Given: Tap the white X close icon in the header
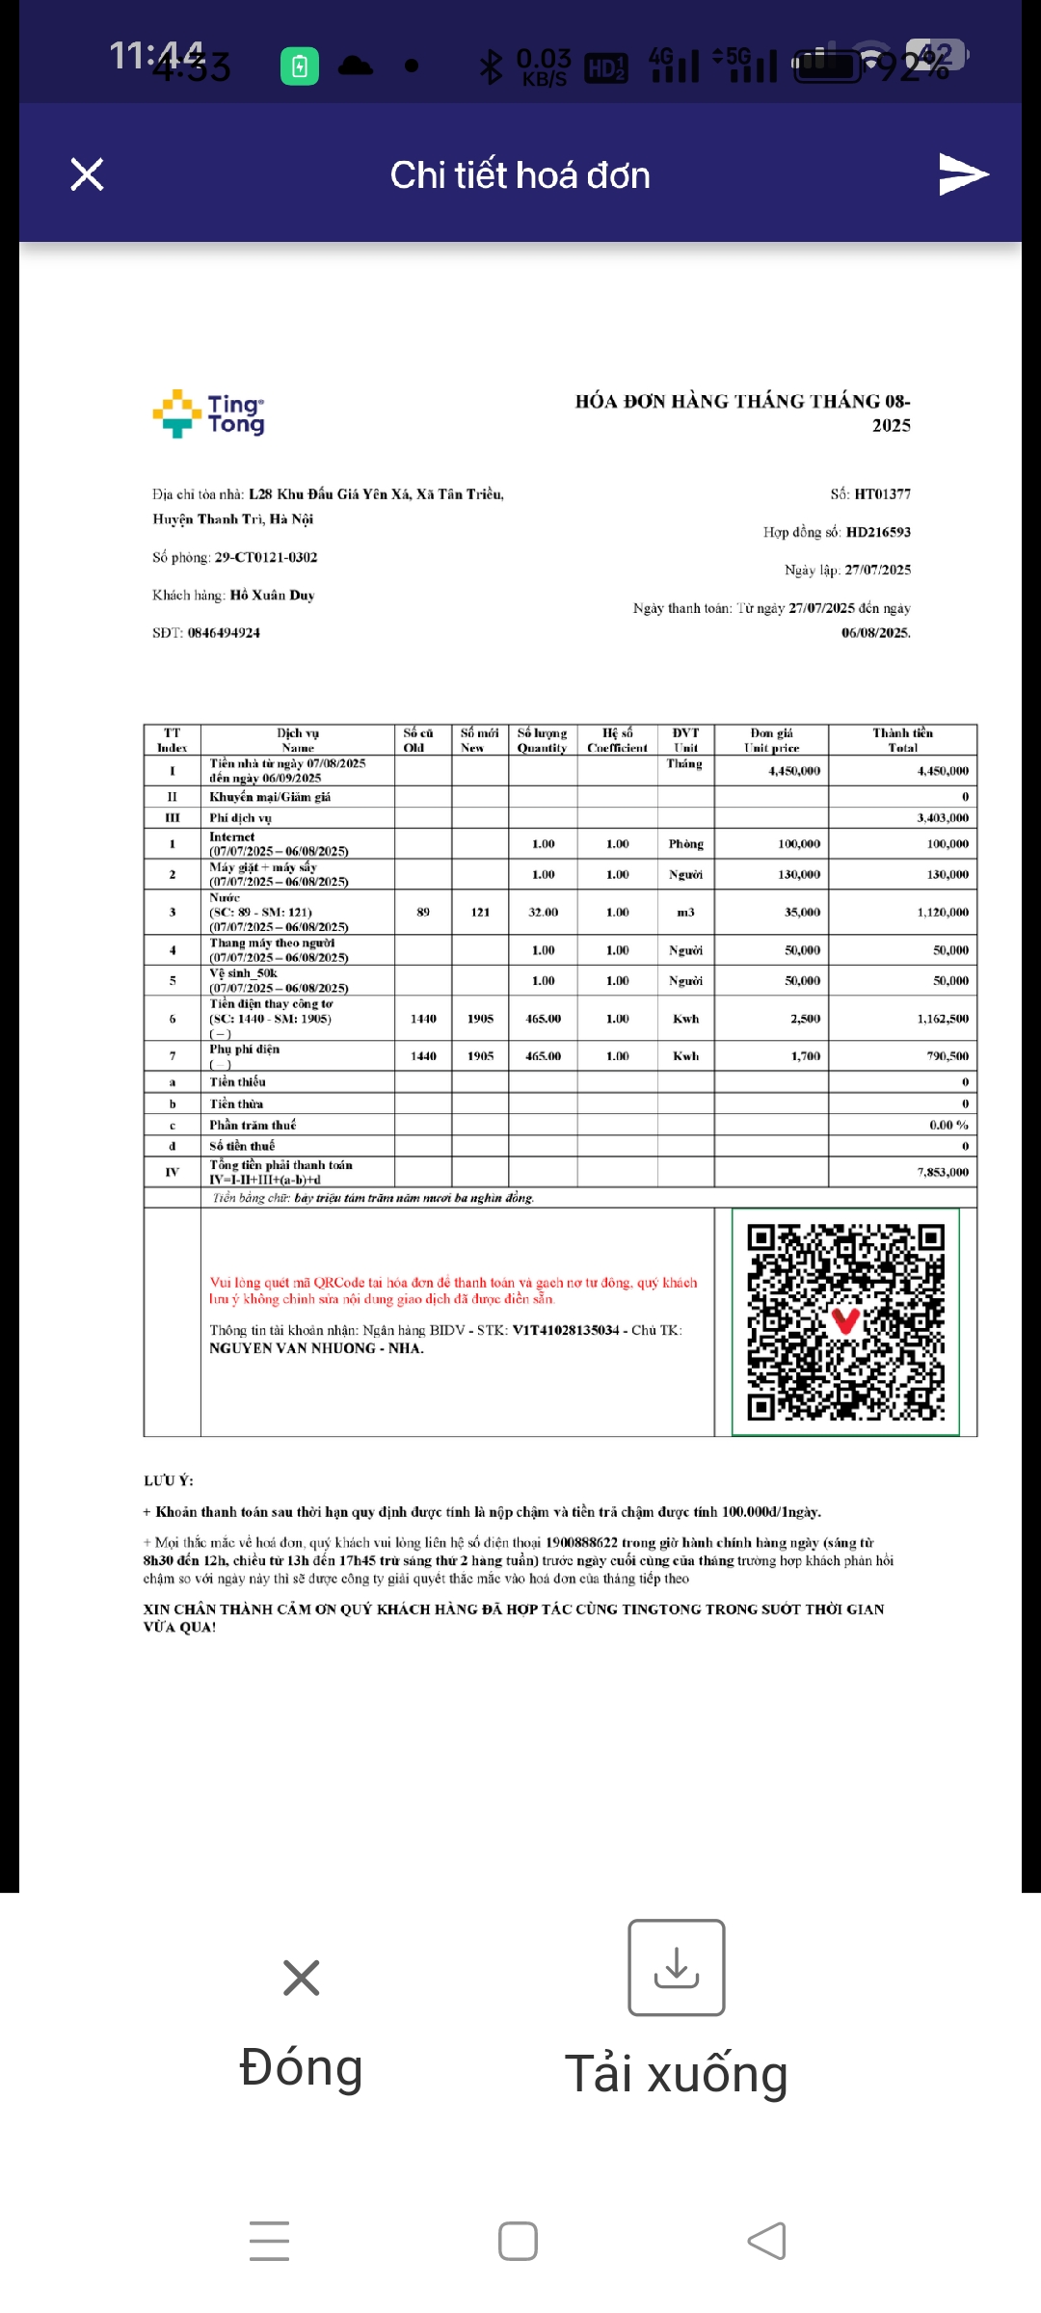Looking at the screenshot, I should click(87, 174).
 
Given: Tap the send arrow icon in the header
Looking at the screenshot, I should click(963, 173).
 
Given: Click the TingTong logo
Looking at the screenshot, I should click(208, 414).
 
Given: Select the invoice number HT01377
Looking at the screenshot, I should click(882, 494).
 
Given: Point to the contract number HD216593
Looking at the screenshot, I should click(878, 532).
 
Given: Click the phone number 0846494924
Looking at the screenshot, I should click(224, 633).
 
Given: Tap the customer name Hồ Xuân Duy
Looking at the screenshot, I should click(272, 596).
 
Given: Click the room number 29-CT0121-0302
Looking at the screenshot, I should click(265, 557).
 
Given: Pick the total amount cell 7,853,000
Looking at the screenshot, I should click(943, 1172).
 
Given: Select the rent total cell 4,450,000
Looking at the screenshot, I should click(943, 771).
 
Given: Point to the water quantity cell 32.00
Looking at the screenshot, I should click(543, 912).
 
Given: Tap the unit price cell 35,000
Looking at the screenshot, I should click(802, 912).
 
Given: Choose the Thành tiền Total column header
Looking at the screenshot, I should click(902, 739).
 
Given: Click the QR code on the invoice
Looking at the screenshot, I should click(845, 1321).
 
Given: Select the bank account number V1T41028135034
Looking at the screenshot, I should click(566, 1330).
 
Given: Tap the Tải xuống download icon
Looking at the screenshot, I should click(677, 1967).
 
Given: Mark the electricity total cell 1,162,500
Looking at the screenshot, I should click(943, 1019).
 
